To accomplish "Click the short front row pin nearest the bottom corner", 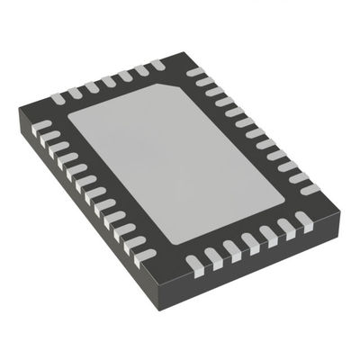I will pos(193,265).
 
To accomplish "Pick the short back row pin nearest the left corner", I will pos(58,95).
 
